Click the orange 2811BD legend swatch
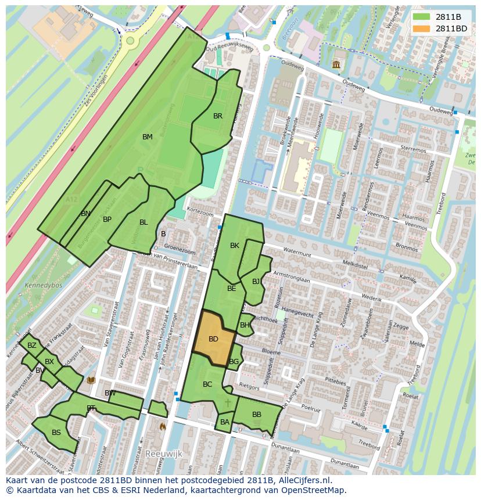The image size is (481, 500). tap(422, 28)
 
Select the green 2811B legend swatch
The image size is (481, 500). tap(422, 17)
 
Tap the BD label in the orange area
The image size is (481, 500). tap(213, 339)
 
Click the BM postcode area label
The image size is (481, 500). tap(148, 137)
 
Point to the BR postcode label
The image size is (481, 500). tap(218, 116)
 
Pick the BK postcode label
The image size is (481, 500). tap(235, 246)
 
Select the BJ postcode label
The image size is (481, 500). tap(256, 282)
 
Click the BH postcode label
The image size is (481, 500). tap(245, 325)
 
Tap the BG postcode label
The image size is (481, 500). tap(234, 362)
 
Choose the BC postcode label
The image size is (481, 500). tap(207, 384)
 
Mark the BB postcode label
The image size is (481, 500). tap(256, 415)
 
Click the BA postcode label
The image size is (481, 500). tap(225, 422)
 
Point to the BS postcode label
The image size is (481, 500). tap(56, 433)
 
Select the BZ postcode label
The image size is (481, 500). tap(32, 346)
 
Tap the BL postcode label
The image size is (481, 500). tap(143, 222)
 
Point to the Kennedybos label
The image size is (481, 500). tap(39, 286)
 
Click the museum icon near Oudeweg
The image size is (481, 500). tap(336, 64)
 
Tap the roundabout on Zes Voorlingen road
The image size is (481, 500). tap(130, 41)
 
